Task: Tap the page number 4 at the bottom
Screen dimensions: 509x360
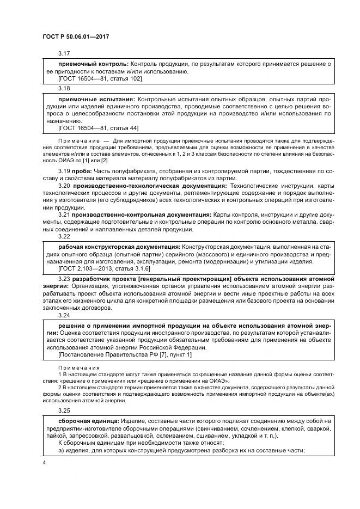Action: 44,463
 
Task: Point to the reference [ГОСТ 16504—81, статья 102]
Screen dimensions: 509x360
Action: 100,78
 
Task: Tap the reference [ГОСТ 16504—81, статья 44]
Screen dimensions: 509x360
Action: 98,128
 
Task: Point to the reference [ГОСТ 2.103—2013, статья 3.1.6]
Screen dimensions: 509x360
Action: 104,269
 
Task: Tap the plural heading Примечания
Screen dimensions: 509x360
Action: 77,368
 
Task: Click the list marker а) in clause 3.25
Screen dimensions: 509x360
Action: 61,450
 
